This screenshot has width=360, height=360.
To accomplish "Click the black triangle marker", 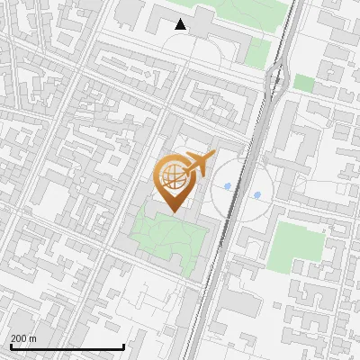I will pyautogui.click(x=181, y=24).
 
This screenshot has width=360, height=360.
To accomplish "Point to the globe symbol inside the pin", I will pyautogui.click(x=170, y=177).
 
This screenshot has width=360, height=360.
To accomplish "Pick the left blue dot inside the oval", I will pyautogui.click(x=228, y=187).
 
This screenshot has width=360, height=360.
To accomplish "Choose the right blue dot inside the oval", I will pyautogui.click(x=257, y=194).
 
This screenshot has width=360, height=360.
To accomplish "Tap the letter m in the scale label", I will pyautogui.click(x=33, y=338).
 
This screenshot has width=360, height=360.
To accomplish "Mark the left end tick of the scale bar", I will pyautogui.click(x=11, y=346).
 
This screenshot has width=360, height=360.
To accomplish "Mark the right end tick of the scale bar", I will pyautogui.click(x=123, y=346).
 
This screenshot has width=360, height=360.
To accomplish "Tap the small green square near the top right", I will pyautogui.click(x=304, y=83).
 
